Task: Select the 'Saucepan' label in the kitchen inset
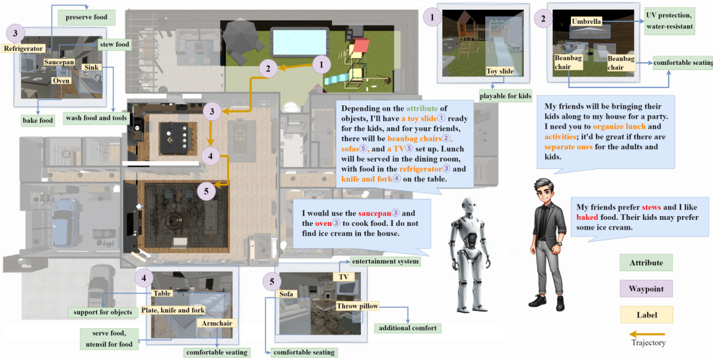tap(58, 62)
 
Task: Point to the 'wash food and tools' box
tap(96, 118)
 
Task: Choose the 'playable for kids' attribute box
tap(505, 96)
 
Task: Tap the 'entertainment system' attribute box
tap(385, 261)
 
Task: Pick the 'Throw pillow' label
tap(357, 306)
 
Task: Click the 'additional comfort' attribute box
tap(407, 328)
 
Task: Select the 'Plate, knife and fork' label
tap(173, 310)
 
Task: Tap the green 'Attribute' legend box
tap(646, 263)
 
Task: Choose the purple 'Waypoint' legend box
tap(646, 288)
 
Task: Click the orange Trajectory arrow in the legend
tap(647, 334)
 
